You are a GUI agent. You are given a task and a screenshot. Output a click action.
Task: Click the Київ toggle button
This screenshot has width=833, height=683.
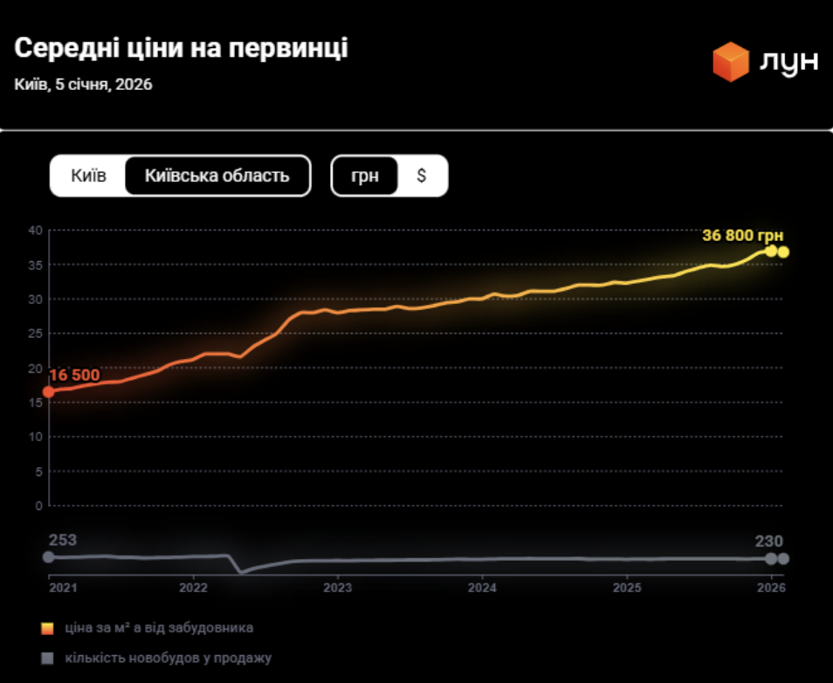(x=88, y=176)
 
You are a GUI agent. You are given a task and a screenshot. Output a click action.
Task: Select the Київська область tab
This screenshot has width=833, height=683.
(x=217, y=176)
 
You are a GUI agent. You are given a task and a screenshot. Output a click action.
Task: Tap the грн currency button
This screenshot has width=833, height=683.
(x=365, y=176)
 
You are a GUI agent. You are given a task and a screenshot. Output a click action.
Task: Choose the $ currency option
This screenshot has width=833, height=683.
(x=422, y=176)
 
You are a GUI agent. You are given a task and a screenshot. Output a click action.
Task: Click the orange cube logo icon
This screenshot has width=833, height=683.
(x=731, y=62)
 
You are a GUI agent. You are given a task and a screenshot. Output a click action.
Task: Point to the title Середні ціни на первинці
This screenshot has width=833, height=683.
(x=181, y=49)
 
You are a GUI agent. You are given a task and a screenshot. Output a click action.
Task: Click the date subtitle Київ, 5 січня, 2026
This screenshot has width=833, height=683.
(x=84, y=85)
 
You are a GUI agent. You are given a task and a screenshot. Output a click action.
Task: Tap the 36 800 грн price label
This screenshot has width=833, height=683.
(x=742, y=235)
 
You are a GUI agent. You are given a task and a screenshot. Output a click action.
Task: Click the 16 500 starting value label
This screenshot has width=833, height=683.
(x=74, y=375)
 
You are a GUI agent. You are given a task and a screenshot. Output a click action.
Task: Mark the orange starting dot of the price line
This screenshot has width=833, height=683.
(x=49, y=391)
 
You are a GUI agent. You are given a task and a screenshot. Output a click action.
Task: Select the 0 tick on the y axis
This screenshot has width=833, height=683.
(x=38, y=505)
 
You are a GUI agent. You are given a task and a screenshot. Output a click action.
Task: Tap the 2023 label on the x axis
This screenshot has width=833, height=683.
(x=338, y=589)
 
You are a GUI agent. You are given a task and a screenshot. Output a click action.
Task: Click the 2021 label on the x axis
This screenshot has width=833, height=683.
(x=62, y=589)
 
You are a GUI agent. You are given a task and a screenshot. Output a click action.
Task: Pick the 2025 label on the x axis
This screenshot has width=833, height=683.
(x=627, y=589)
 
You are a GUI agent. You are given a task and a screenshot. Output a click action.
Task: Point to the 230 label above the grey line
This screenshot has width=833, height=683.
(x=768, y=541)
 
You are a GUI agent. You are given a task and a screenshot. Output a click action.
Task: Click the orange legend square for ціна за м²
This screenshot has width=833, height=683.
(x=48, y=628)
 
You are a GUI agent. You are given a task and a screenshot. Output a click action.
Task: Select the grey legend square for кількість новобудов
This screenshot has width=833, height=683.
(x=48, y=658)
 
